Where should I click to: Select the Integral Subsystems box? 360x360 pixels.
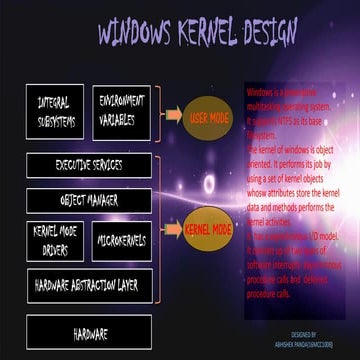pos(54,111)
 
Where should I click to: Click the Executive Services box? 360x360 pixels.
pos(89,166)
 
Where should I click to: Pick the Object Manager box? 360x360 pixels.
pos(89,201)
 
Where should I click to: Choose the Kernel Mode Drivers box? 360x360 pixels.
pos(56,241)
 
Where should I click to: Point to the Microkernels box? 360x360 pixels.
pos(122,241)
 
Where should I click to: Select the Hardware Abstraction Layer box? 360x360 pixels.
pos(89,285)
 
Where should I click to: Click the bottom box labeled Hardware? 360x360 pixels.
pos(89,333)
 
